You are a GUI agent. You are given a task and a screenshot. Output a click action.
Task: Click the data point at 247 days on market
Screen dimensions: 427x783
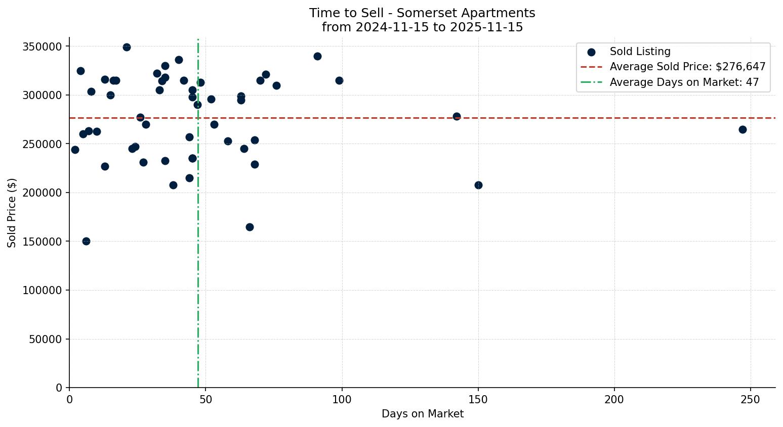tap(743, 129)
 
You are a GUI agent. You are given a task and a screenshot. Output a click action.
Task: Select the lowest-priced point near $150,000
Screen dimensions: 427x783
tap(86, 241)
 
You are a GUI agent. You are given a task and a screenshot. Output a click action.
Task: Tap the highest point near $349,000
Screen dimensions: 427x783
tap(127, 47)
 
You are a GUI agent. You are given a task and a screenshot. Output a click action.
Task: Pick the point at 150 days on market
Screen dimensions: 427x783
tap(478, 185)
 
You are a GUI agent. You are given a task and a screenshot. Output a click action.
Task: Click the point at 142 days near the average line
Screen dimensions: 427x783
tap(457, 116)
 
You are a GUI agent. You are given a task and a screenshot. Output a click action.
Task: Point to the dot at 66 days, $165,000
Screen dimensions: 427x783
tap(250, 227)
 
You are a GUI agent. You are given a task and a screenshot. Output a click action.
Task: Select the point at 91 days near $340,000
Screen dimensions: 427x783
tap(317, 56)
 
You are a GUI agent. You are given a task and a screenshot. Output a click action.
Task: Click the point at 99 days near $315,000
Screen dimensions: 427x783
tap(339, 80)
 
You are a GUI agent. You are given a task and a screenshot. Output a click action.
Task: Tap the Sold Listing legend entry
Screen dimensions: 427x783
tap(640, 52)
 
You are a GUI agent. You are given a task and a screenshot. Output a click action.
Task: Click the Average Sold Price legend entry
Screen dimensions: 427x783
tap(687, 67)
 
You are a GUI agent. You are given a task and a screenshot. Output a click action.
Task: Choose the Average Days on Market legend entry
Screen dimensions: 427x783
tap(684, 82)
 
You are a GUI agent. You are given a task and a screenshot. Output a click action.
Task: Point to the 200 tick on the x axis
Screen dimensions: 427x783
tap(614, 400)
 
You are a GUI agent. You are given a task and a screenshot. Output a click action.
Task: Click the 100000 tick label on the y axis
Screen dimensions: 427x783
tap(43, 291)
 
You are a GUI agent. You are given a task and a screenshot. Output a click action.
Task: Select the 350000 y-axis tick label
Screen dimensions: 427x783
tap(43, 46)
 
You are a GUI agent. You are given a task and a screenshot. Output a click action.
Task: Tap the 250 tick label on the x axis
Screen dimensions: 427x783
tap(750, 400)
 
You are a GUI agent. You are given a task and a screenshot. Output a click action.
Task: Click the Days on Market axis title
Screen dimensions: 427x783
tap(423, 414)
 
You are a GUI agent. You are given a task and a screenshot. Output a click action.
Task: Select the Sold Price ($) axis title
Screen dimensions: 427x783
tap(12, 213)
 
